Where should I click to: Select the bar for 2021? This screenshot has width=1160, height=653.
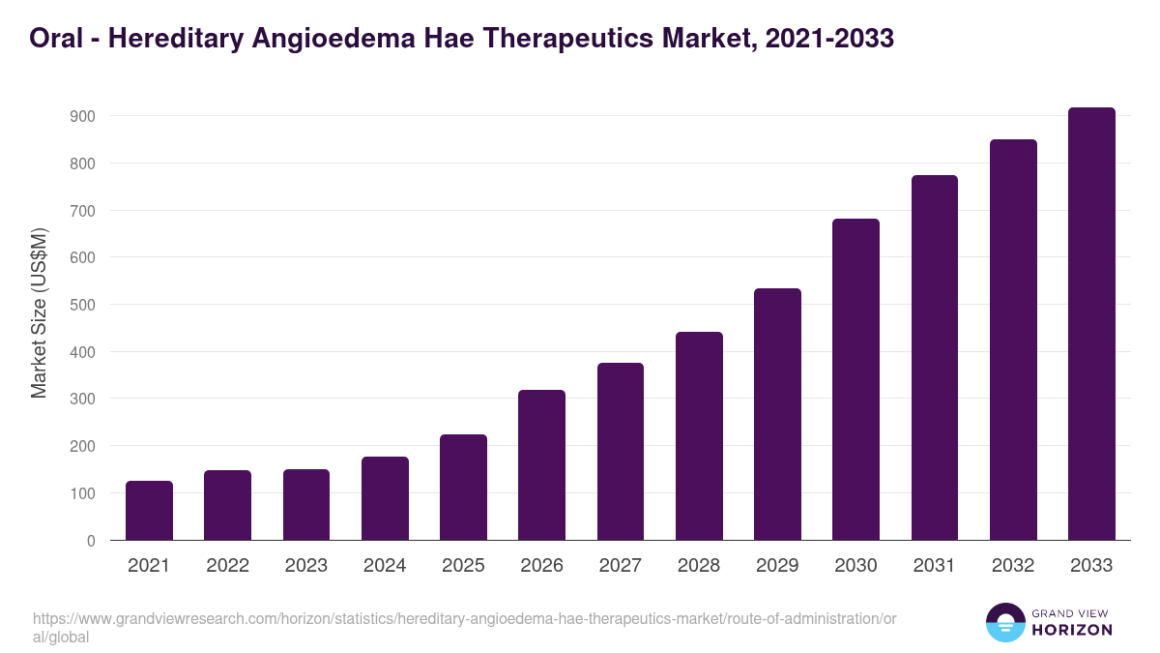coord(149,511)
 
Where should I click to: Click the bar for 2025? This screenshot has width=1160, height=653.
coord(463,488)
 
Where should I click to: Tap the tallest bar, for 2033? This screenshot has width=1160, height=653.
coord(1091,324)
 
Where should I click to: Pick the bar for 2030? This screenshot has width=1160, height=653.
coord(855,379)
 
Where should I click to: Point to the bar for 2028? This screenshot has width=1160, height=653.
coord(699,436)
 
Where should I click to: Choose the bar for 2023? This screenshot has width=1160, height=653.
coord(306,505)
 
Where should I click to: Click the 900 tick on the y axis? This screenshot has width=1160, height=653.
coord(82,116)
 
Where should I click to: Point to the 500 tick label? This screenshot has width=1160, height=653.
coord(82,305)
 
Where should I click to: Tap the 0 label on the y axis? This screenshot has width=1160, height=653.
coord(90,541)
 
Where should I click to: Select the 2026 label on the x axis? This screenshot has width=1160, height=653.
coord(541,566)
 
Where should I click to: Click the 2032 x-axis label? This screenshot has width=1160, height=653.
coord(1013,566)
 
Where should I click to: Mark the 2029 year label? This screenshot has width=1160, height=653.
coord(777,566)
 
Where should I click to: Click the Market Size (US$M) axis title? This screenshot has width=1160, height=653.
coord(39,312)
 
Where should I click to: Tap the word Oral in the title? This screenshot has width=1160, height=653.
coord(54,39)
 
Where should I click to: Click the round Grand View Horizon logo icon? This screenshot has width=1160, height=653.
coord(1004,622)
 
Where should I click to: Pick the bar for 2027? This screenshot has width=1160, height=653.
coord(621,452)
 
